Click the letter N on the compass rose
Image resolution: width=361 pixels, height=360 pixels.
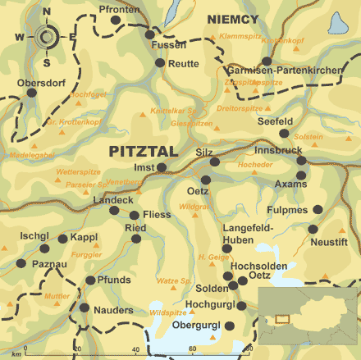coord(46,11)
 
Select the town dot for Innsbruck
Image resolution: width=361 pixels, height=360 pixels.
coord(301,161)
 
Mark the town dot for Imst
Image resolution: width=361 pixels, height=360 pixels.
coord(162,167)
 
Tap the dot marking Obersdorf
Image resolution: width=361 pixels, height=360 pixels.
coord(32,93)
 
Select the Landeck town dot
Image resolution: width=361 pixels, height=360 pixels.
coord(114,211)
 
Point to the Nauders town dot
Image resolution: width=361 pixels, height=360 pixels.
coord(84,308)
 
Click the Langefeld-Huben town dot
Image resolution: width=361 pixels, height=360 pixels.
coord(227,248)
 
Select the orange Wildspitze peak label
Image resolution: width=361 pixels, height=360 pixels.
coord(167,312)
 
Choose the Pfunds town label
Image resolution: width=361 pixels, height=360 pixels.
coord(113,280)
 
